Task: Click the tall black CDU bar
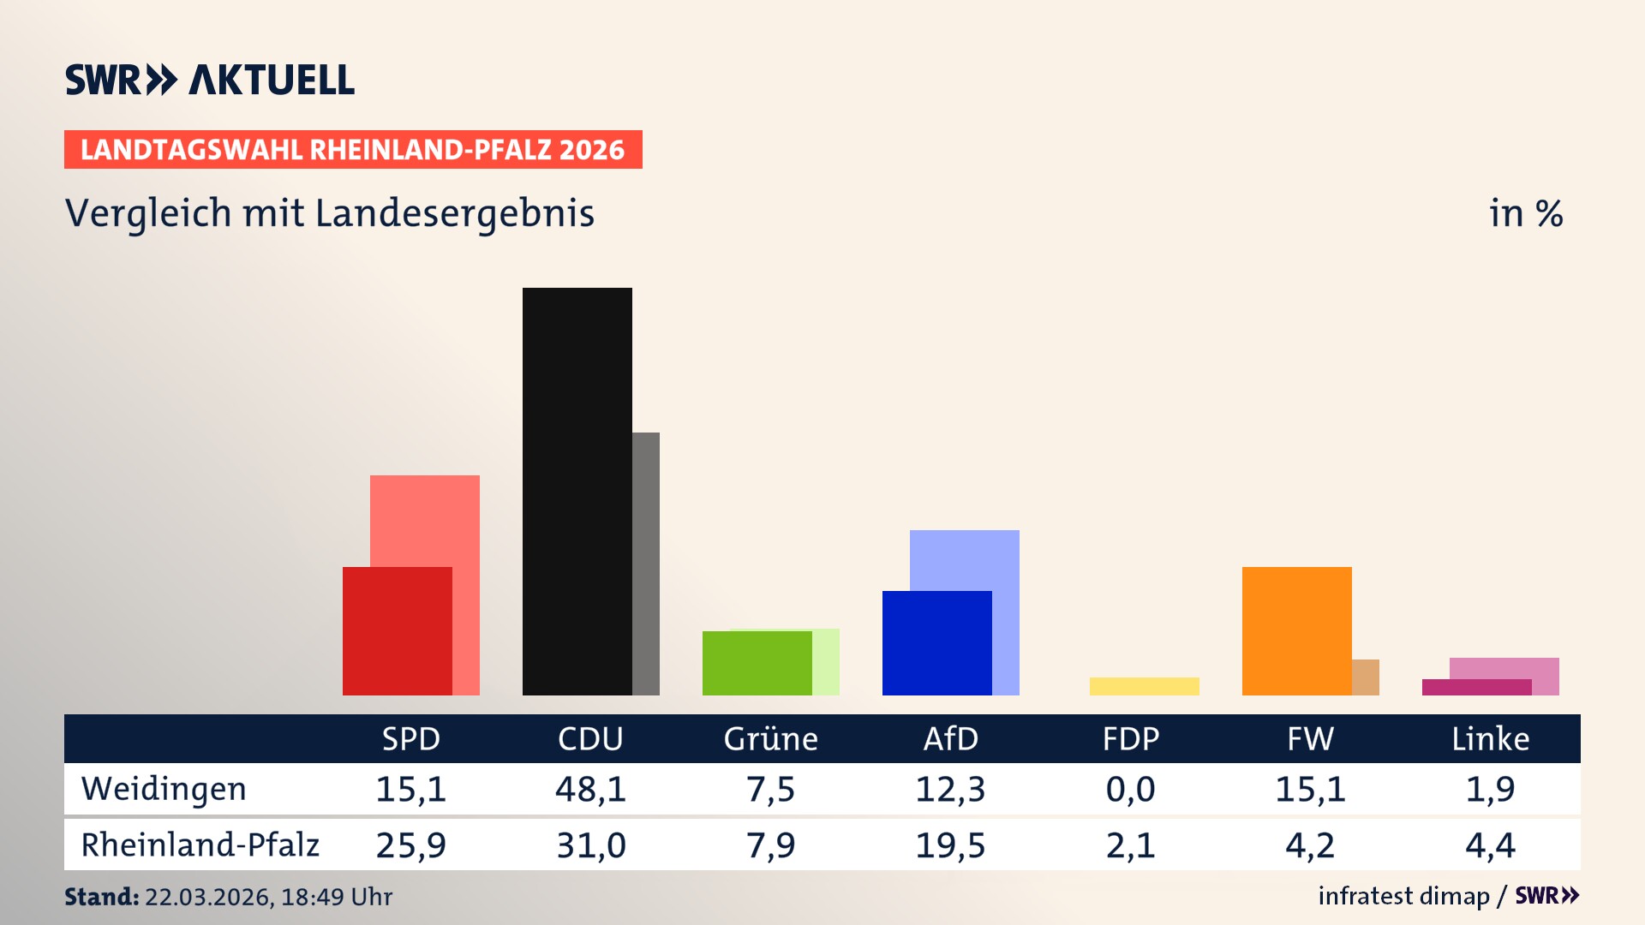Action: pos(577,491)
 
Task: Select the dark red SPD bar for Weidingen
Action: pos(397,631)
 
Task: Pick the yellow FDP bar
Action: pos(1144,686)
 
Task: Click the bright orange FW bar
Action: pos(1296,631)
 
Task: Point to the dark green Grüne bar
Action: pos(757,663)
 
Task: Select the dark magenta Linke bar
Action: pos(1476,687)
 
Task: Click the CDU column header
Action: pos(590,739)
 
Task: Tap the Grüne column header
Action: pos(770,739)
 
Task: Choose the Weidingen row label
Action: pos(164,789)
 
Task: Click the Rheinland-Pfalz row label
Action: pos(200,845)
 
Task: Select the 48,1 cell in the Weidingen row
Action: pos(590,789)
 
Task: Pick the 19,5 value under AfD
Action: pos(950,845)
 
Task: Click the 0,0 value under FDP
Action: pos(1130,789)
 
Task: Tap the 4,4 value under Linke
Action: pos(1490,845)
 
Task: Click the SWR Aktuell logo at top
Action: pos(210,80)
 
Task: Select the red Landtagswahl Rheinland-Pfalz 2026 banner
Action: pos(353,150)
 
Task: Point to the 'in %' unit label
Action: pos(1525,214)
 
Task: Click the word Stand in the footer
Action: pos(101,897)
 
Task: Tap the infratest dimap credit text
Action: pos(1403,896)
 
